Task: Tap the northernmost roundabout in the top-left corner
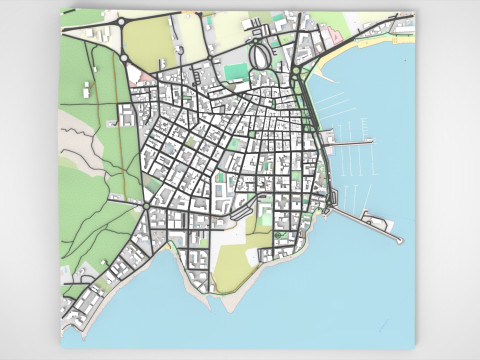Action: coord(123,22)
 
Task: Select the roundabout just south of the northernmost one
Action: coord(124,58)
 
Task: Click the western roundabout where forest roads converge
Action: coord(146,206)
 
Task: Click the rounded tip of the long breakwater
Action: coord(399,239)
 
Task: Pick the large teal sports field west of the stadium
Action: coord(236,71)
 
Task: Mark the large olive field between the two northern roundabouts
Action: coord(150,43)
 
